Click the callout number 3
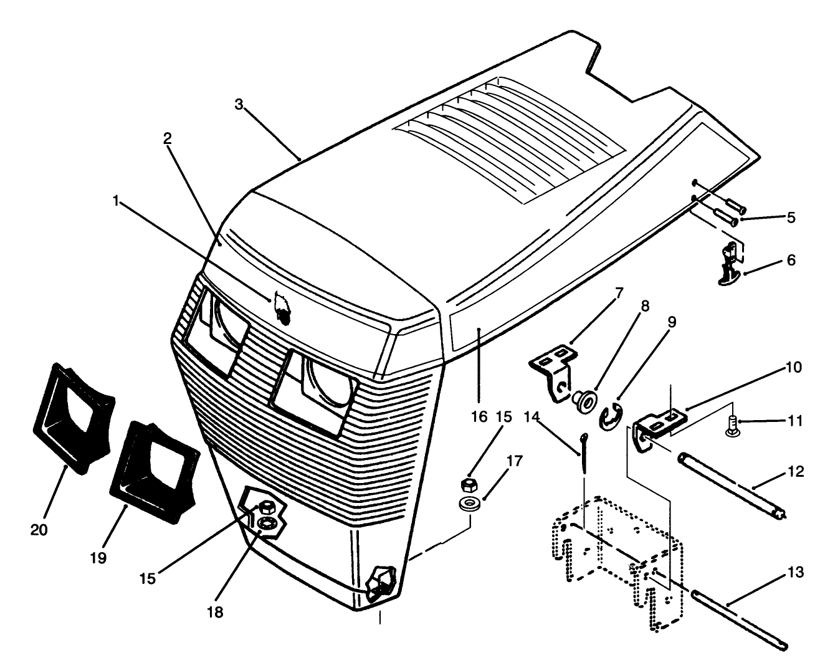tap(239, 104)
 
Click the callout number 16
tap(479, 417)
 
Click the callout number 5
tap(791, 218)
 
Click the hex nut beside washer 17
tap(468, 484)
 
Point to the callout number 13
tap(795, 573)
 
